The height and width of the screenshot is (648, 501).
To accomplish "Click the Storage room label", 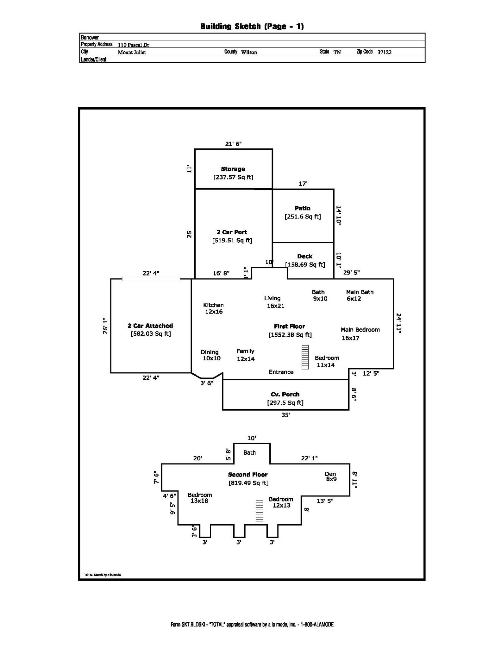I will (233, 169).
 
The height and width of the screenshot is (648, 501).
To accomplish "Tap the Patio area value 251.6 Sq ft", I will (303, 217).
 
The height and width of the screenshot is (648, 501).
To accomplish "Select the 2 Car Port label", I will (232, 232).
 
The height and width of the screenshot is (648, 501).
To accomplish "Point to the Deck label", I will (305, 256).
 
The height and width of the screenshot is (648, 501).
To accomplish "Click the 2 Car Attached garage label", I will (150, 326).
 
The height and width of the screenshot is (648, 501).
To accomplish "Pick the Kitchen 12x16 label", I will (213, 308).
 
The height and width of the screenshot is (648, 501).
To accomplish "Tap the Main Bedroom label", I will (360, 330).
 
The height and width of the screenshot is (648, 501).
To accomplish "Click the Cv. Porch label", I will (285, 394).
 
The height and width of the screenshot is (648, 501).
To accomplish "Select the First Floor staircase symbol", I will (305, 357).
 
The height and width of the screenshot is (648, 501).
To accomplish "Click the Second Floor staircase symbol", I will (260, 511).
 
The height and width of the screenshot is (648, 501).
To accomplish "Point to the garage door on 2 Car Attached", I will (151, 279).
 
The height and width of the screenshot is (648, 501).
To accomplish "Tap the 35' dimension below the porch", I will (285, 415).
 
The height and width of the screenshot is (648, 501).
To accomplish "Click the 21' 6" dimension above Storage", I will (233, 144).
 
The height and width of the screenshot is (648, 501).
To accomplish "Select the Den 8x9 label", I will (331, 476).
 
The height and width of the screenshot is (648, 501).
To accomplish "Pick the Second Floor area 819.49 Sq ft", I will (248, 483).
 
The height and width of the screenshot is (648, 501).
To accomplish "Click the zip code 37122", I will (384, 52).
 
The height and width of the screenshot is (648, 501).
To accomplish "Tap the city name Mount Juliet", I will (132, 52).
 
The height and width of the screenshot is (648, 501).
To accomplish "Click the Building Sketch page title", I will (252, 26).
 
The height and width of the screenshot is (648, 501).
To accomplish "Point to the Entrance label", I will (281, 372).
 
